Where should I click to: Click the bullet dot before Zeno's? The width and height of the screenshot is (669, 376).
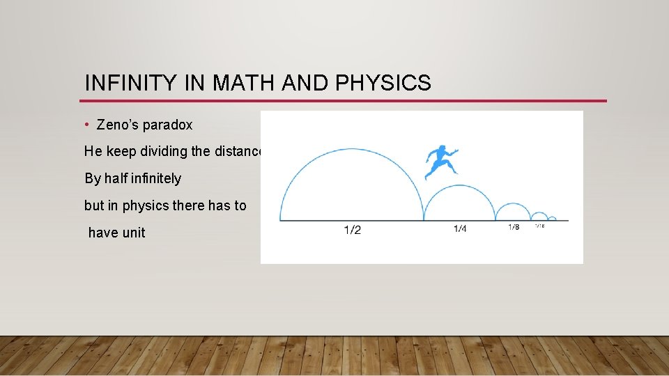click(86, 125)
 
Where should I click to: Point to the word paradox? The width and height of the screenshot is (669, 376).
click(167, 126)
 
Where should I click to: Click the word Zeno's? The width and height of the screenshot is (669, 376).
click(118, 125)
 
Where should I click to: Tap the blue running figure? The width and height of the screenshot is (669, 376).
click(441, 162)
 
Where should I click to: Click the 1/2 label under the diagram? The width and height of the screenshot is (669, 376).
click(352, 230)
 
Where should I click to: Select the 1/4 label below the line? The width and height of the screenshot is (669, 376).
click(460, 229)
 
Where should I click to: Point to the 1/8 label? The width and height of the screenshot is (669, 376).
click(514, 227)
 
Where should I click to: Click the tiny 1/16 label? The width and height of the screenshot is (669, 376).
click(539, 226)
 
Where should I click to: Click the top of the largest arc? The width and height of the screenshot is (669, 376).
click(352, 149)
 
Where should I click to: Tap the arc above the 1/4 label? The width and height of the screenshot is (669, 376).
click(460, 185)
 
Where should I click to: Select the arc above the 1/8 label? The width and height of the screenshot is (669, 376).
click(514, 203)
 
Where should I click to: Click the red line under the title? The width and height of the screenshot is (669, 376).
click(345, 101)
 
